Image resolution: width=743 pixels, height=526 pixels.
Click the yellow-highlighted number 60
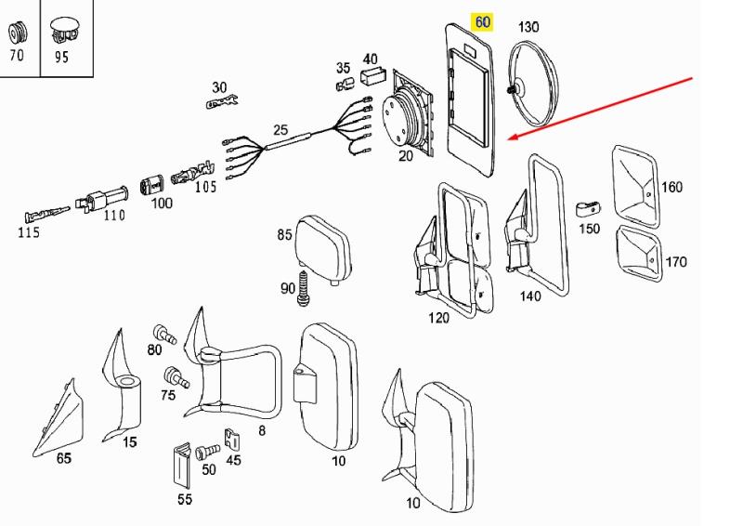pyautogui.click(x=482, y=22)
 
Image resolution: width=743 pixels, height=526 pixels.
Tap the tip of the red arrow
pyautogui.click(x=508, y=139)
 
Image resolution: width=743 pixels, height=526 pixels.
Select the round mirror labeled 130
pyautogui.click(x=533, y=84)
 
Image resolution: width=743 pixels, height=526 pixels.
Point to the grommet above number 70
pyautogui.click(x=18, y=33)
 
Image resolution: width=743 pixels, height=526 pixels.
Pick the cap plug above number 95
pyautogui.click(x=64, y=32)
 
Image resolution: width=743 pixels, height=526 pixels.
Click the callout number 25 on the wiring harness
pyautogui.click(x=280, y=129)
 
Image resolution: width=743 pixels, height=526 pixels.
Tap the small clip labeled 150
pyautogui.click(x=588, y=209)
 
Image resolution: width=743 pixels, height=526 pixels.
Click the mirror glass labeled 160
pyautogui.click(x=636, y=187)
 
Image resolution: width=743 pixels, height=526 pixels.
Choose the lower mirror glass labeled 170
pyautogui.click(x=640, y=254)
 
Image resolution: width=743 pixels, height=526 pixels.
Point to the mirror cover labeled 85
pyautogui.click(x=323, y=249)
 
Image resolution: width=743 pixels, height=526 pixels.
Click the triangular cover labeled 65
pyautogui.click(x=59, y=420)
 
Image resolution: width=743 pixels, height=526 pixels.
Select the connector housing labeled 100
pyautogui.click(x=151, y=185)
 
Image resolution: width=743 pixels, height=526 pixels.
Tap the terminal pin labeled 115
pyautogui.click(x=46, y=215)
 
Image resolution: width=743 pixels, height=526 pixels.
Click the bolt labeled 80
pyautogui.click(x=164, y=335)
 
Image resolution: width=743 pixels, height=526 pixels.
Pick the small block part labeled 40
pyautogui.click(x=374, y=75)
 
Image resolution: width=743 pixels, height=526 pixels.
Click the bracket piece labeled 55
pyautogui.click(x=182, y=466)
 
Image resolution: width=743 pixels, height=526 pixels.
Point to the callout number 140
pyautogui.click(x=530, y=296)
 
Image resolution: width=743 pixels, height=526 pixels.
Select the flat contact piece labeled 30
pyautogui.click(x=222, y=101)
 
